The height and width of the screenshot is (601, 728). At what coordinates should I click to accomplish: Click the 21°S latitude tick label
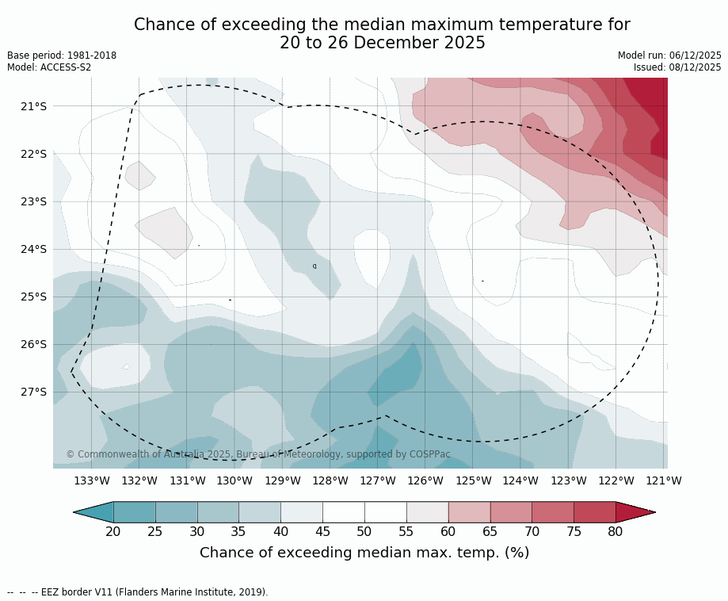33,106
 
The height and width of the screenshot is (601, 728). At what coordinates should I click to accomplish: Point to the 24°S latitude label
33,249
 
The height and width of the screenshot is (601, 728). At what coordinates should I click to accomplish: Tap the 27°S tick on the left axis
33,392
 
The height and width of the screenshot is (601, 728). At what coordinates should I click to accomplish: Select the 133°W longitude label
92,480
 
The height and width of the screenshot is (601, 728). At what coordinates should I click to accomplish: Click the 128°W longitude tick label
330,480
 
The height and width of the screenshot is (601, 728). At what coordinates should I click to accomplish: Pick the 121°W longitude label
664,480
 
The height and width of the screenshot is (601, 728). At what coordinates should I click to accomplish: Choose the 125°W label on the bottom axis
473,480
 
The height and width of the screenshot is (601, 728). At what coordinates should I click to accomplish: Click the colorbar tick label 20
113,531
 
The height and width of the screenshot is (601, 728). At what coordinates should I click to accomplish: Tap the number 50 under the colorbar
364,531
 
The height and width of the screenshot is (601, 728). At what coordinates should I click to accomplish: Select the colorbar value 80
616,531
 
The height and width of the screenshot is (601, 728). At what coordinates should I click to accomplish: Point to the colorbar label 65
490,531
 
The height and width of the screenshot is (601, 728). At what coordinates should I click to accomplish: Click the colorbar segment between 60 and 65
469,512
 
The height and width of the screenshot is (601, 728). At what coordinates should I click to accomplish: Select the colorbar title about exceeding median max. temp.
364,553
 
